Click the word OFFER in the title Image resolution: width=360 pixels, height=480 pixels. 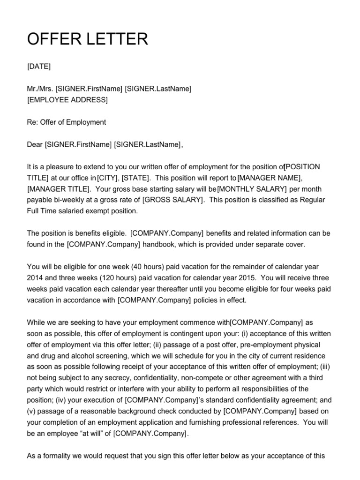pyautogui.click(x=53, y=39)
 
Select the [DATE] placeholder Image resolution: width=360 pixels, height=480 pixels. pyautogui.click(x=39, y=66)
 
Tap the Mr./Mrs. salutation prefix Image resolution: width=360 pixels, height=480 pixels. pyautogui.click(x=40, y=89)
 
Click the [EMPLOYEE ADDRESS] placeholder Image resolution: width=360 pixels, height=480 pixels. pyautogui.click(x=67, y=99)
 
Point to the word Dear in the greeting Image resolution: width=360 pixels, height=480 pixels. pyautogui.click(x=35, y=144)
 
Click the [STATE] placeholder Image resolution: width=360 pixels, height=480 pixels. pyautogui.click(x=136, y=178)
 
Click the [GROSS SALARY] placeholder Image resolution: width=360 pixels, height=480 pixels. pyautogui.click(x=173, y=200)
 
